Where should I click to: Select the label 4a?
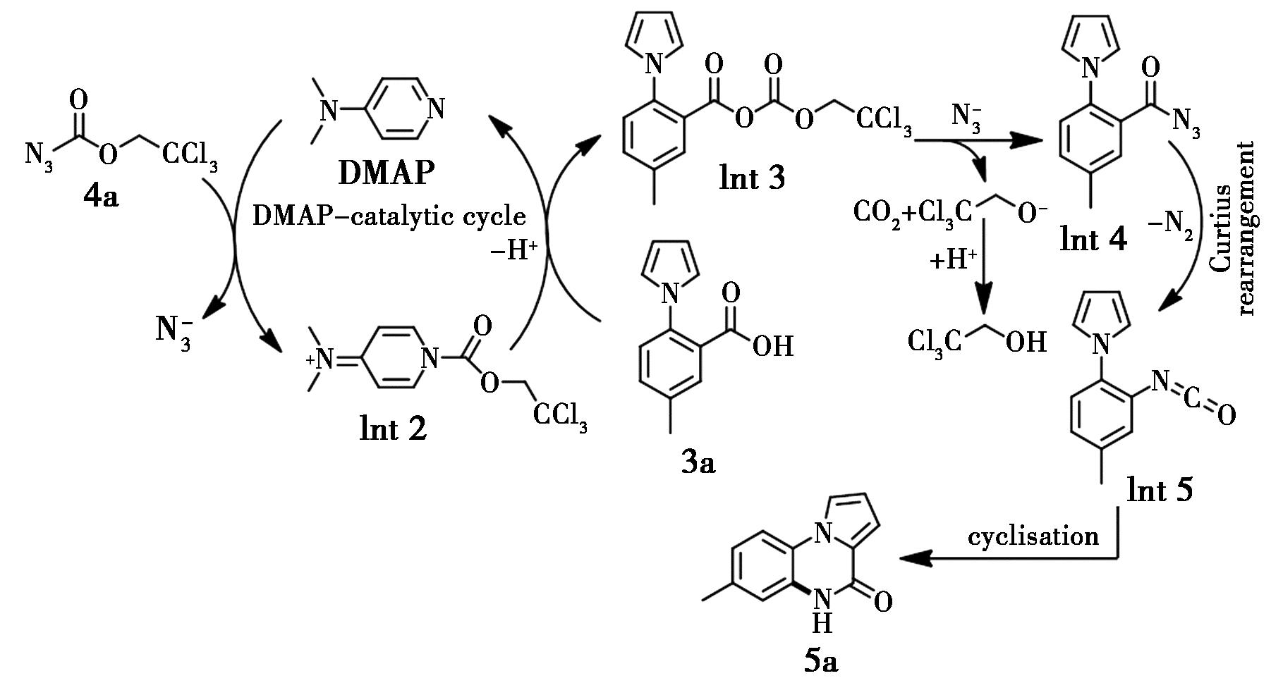[x=102, y=197]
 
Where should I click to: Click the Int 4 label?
[x=1093, y=240]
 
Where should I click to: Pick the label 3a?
[x=698, y=463]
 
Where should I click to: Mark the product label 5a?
[x=821, y=660]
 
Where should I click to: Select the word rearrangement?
[x=1247, y=229]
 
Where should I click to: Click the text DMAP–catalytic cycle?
[x=389, y=216]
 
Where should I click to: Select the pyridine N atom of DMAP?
[x=437, y=109]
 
